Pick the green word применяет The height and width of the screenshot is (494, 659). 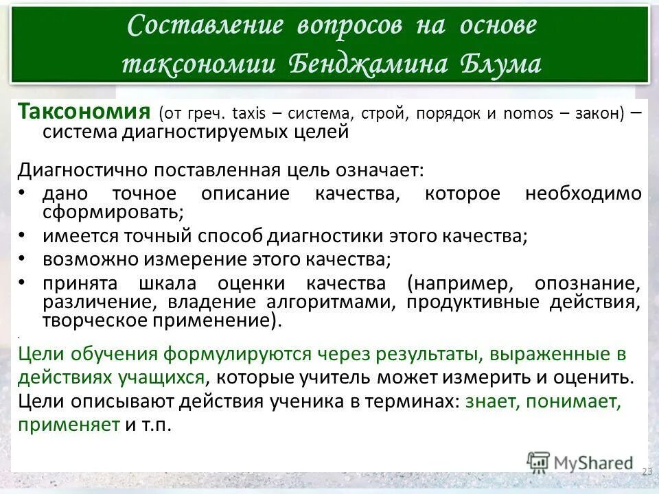point(69,425)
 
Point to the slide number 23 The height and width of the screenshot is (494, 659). point(647,471)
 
